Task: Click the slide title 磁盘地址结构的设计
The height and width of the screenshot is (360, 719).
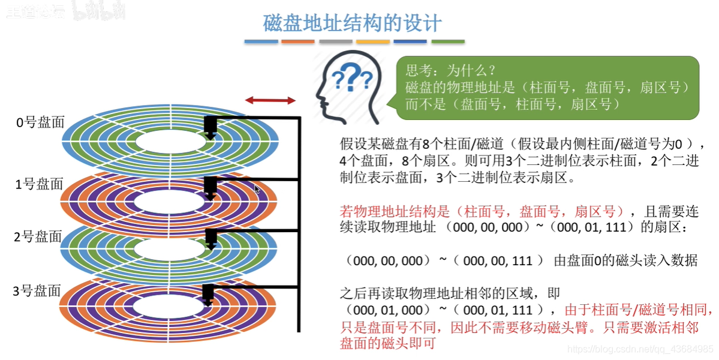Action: (353, 23)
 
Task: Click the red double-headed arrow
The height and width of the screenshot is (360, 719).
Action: (270, 100)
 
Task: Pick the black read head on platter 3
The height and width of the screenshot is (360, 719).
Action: (209, 295)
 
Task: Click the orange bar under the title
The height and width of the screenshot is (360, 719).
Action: (298, 41)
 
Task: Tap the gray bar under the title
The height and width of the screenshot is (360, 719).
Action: (335, 41)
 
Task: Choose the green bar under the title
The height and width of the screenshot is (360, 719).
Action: (448, 41)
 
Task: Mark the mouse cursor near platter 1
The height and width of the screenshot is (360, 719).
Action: (257, 190)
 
